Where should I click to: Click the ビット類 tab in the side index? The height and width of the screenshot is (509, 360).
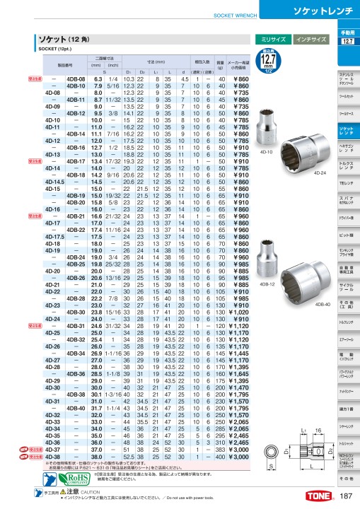(x=347, y=234)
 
